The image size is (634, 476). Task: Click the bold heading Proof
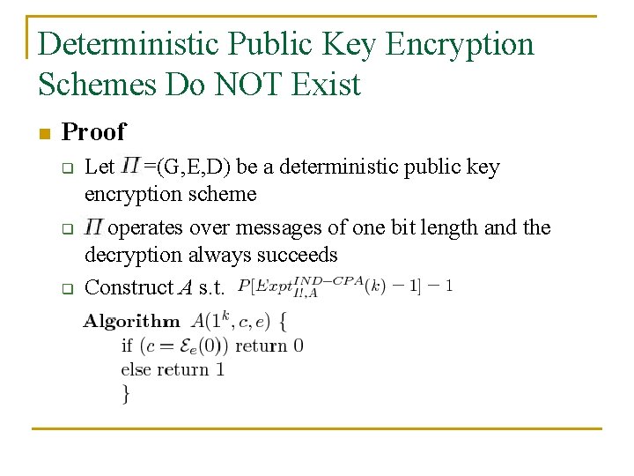click(94, 132)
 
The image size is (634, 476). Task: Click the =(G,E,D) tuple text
click(187, 167)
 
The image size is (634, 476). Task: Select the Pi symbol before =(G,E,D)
click(130, 166)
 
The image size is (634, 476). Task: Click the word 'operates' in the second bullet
click(147, 228)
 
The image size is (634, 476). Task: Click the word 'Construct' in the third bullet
click(129, 287)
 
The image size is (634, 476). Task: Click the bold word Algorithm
click(129, 322)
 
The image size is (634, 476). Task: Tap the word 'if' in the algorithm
click(127, 346)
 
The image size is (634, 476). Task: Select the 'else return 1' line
click(173, 369)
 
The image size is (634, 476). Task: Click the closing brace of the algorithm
click(125, 393)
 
